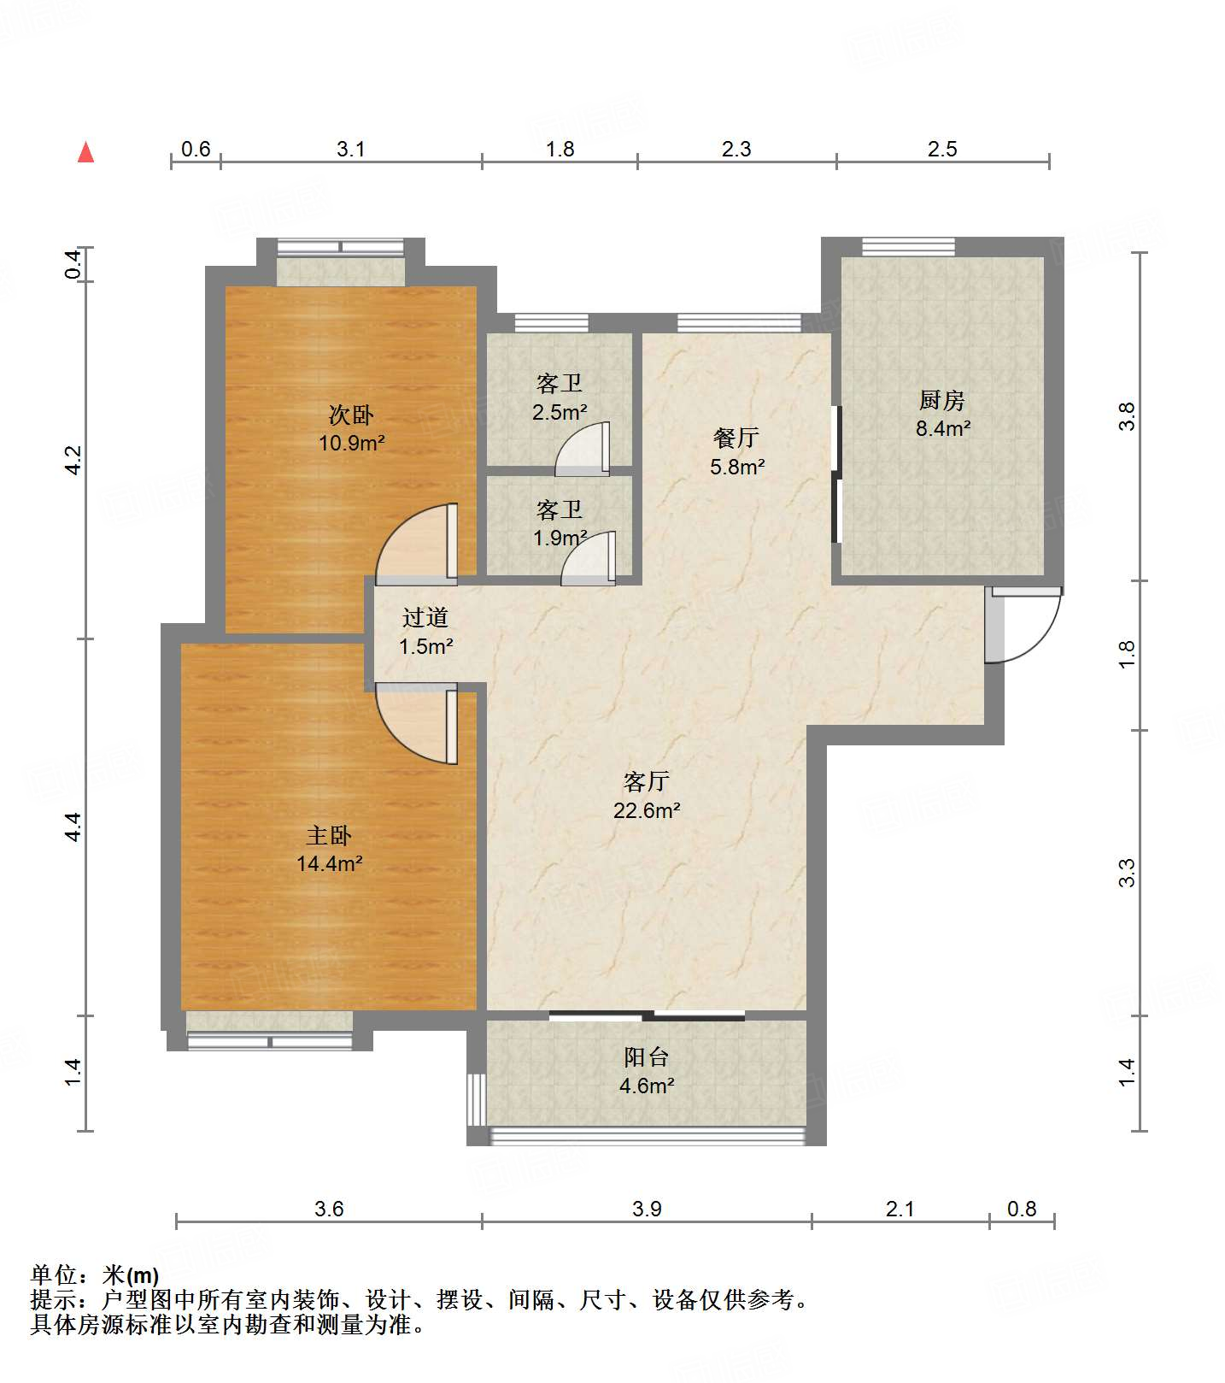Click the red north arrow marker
click(85, 152)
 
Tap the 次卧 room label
click(351, 415)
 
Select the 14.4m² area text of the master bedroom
click(330, 863)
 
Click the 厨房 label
click(942, 400)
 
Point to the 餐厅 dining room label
click(736, 438)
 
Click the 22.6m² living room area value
click(647, 809)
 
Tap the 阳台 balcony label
click(646, 1057)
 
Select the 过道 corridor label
click(425, 617)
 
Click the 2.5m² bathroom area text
click(560, 412)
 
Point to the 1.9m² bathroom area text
click(560, 538)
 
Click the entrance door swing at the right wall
click(1023, 625)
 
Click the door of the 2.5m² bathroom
click(583, 449)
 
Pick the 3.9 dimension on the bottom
click(648, 1209)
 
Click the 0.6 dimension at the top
click(196, 150)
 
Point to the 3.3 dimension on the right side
click(1128, 873)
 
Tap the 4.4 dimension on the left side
click(73, 827)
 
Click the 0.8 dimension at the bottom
click(1022, 1209)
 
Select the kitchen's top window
click(908, 247)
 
